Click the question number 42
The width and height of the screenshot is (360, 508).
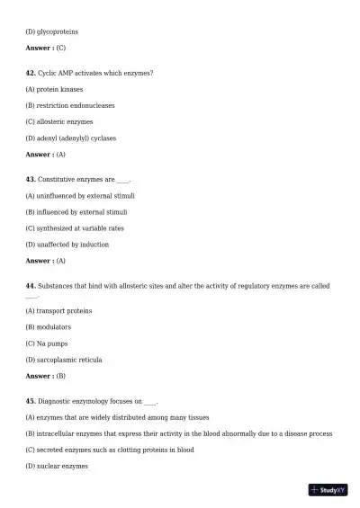coord(31,72)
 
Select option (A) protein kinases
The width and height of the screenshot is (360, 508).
coord(54,89)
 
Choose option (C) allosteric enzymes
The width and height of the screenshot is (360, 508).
coord(59,121)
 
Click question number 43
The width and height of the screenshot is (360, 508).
coord(31,179)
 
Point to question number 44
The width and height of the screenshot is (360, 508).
coord(31,285)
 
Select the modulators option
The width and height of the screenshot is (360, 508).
coord(49,327)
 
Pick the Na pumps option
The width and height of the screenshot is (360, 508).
coord(48,343)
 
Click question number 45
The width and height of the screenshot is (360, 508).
coord(31,400)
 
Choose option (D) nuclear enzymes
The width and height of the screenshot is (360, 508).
coord(57,467)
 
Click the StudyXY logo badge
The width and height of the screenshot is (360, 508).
coord(328,490)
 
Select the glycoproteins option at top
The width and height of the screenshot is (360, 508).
coord(51,31)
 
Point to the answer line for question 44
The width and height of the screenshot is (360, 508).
coord(45,376)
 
